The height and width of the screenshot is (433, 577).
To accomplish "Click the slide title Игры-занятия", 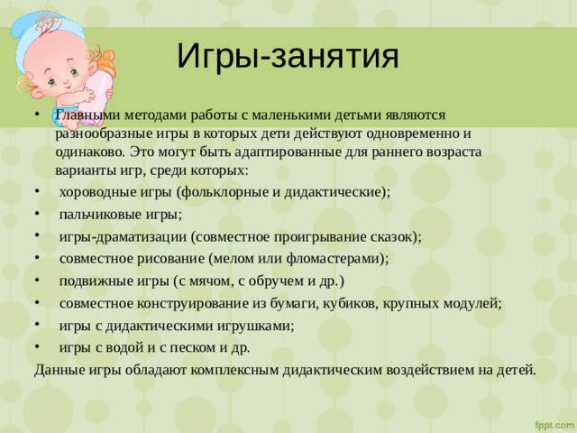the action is tap(288, 57).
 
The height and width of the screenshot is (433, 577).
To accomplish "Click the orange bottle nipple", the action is tap(106, 63).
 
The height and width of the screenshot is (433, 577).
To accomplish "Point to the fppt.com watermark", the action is tap(554, 425).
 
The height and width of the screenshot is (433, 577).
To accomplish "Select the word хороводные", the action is tap(96, 192).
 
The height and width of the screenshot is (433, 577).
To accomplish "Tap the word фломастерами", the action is tap(337, 259).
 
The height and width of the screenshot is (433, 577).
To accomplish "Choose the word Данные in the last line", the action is tap(60, 370).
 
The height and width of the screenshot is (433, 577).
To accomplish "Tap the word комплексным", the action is tap(234, 370).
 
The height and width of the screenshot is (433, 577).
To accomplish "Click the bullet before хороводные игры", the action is tap(37, 191).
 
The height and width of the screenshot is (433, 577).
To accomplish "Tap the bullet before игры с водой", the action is tap(37, 346).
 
